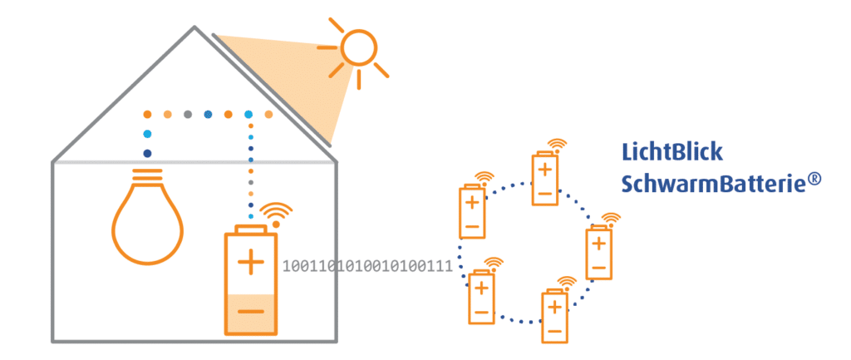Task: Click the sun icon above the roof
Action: [x=358, y=49]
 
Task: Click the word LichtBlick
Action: [x=672, y=152]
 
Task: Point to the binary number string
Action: [x=367, y=267]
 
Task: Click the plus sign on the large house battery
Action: [x=250, y=264]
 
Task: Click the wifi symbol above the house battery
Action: [x=277, y=214]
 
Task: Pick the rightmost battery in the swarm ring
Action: [x=598, y=252]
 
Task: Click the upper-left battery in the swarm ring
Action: [x=471, y=210]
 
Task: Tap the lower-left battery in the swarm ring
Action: [x=481, y=296]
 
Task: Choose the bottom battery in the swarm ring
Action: [x=554, y=315]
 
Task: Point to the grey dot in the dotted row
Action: [x=188, y=114]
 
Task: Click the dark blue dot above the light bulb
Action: [x=147, y=154]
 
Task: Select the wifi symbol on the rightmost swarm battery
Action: [x=611, y=220]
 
